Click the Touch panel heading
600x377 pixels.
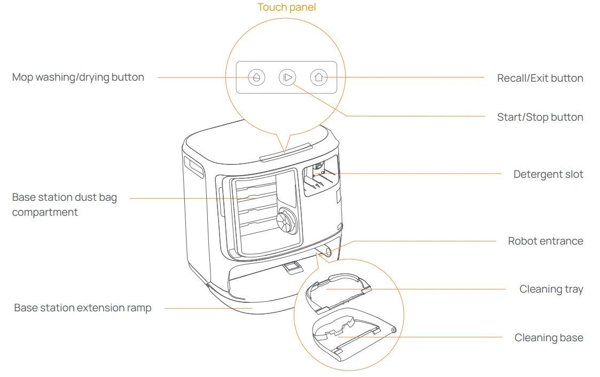click(286, 7)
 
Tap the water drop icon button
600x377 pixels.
click(256, 77)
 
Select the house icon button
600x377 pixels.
click(318, 77)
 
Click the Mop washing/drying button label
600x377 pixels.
click(78, 77)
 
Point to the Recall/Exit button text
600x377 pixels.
click(540, 78)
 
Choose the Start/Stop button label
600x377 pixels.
click(540, 117)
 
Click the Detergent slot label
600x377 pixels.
click(548, 175)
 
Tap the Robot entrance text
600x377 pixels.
click(545, 241)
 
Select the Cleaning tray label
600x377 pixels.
click(551, 289)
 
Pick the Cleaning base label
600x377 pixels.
click(549, 338)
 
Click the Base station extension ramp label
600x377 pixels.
click(83, 308)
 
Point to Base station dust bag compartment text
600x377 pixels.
click(64, 205)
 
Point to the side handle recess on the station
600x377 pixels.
click(193, 167)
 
